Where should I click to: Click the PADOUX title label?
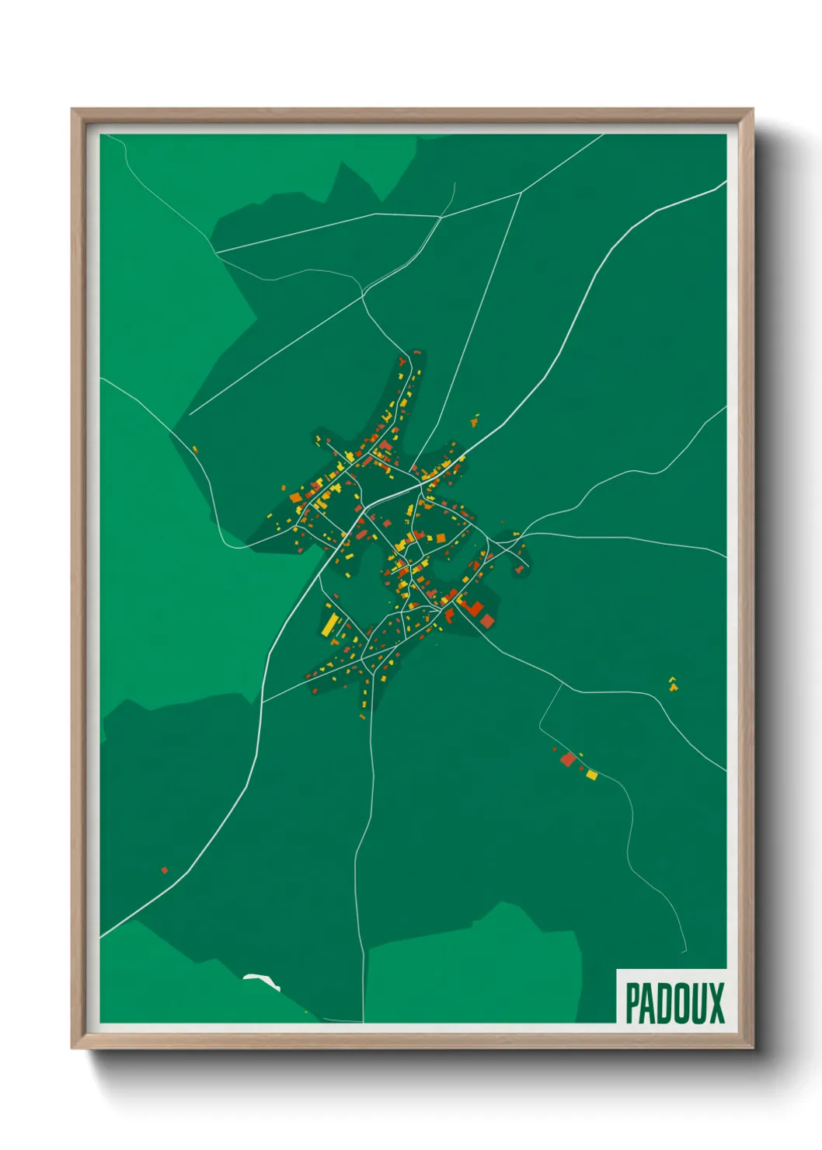point(674,1002)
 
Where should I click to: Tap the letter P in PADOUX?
point(632,1003)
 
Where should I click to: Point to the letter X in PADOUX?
point(716,1003)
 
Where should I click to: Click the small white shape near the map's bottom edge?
point(261,981)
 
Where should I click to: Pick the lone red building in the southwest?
point(164,869)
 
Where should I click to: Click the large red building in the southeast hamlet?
point(568,759)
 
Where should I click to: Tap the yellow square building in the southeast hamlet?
point(592,774)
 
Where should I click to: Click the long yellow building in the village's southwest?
point(331,624)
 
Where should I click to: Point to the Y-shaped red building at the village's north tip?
point(402,361)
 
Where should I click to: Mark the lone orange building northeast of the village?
point(474,421)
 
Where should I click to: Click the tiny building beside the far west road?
point(194,448)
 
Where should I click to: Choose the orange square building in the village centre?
point(441,538)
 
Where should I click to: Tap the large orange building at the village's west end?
point(295,497)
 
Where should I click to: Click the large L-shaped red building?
point(471,608)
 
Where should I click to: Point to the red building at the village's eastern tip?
point(519,570)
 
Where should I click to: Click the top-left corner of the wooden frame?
point(72,110)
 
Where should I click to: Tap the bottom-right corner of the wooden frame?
point(752,1047)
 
